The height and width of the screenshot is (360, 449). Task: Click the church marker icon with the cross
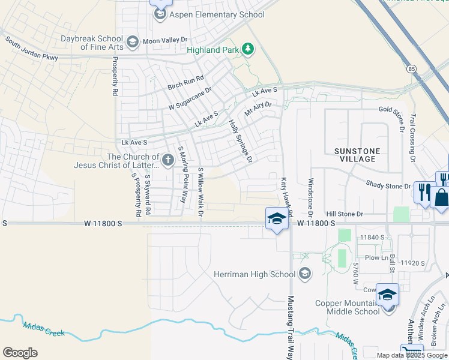click(167, 161)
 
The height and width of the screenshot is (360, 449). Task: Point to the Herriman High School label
click(255, 275)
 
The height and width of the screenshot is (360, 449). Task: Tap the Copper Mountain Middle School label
click(348, 307)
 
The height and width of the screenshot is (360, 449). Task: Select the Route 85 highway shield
click(411, 69)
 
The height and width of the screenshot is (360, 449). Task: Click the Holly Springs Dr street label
click(240, 142)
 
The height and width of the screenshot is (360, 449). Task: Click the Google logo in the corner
click(20, 353)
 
